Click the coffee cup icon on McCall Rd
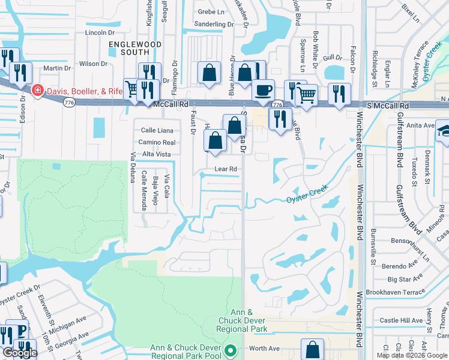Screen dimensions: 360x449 pyautogui.click(x=263, y=91)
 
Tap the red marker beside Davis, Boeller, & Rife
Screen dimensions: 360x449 pyautogui.click(x=37, y=91)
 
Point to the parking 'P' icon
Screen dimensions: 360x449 pyautogui.click(x=20, y=331)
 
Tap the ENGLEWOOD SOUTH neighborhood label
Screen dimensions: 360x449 pyautogui.click(x=135, y=49)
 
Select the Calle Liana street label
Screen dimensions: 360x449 pyautogui.click(x=158, y=130)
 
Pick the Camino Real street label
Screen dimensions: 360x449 pyautogui.click(x=157, y=143)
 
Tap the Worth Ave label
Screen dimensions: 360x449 pyautogui.click(x=265, y=349)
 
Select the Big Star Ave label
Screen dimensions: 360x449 pyautogui.click(x=403, y=279)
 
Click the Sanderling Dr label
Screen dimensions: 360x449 pyautogui.click(x=215, y=25)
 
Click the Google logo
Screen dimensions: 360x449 pyautogui.click(x=20, y=353)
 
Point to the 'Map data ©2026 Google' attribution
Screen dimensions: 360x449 pyautogui.click(x=412, y=355)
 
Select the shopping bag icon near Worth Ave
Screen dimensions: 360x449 pyautogui.click(x=312, y=349)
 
